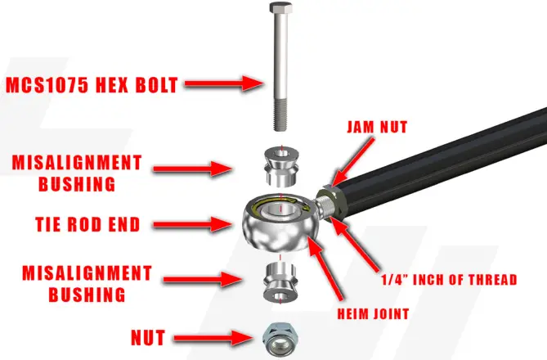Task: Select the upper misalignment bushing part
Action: (x=280, y=163)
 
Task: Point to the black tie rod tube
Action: (x=442, y=172)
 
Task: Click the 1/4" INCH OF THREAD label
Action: (x=449, y=280)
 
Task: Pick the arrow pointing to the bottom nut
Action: (x=216, y=335)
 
